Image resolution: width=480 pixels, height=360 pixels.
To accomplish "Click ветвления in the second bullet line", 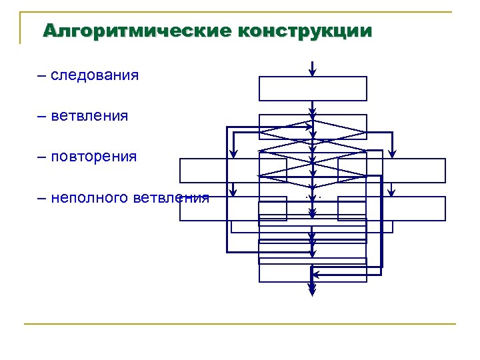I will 89,116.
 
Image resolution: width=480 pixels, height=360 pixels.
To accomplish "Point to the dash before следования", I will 43,75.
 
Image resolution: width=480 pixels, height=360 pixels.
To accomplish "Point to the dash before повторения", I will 43,157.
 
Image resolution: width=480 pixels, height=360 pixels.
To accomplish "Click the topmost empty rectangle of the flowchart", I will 313,88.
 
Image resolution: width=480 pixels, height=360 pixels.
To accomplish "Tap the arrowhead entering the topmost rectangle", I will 313,73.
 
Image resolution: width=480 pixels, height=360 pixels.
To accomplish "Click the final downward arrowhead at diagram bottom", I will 313,289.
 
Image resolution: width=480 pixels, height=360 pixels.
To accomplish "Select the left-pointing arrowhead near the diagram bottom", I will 317,274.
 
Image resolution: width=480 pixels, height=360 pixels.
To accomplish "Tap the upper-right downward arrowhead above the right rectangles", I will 393,153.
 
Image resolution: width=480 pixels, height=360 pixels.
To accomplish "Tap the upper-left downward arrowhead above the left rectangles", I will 233,153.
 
